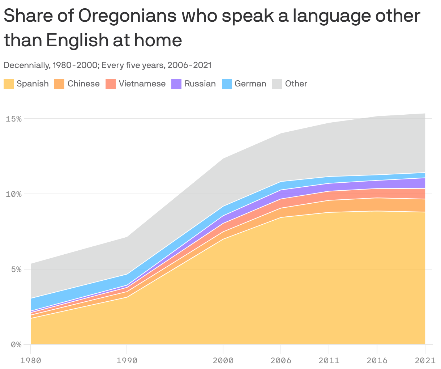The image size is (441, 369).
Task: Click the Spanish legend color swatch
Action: (x=9, y=84)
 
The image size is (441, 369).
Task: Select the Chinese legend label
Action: (x=84, y=84)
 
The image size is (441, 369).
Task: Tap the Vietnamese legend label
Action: (x=142, y=84)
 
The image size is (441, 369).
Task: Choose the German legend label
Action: (x=250, y=84)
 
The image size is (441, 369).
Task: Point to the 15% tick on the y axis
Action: (x=14, y=119)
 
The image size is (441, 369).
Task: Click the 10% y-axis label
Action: (x=14, y=194)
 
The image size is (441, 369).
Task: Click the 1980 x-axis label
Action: (x=31, y=361)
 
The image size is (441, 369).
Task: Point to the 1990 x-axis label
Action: (x=127, y=361)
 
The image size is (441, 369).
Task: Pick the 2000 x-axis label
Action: (x=223, y=361)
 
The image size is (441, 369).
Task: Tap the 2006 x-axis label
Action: (x=281, y=361)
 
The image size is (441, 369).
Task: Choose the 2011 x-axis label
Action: (x=329, y=361)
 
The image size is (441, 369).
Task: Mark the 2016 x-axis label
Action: (x=377, y=361)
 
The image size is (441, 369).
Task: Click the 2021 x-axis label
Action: (x=425, y=361)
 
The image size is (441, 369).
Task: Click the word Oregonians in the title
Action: (x=128, y=16)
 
